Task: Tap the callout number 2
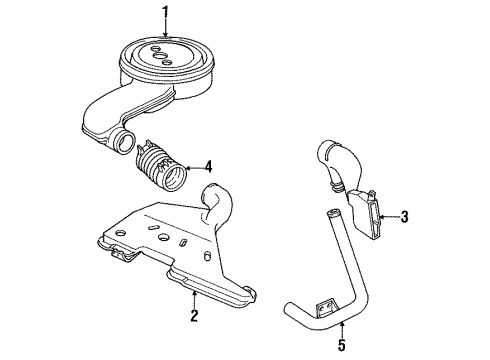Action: tap(196, 318)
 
